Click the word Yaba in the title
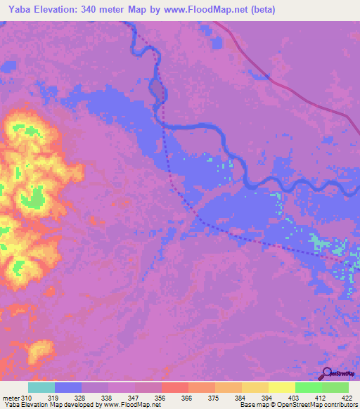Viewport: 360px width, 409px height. (x=19, y=9)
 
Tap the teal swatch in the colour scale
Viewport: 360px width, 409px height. (x=41, y=387)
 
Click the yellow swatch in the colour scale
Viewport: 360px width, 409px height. (x=255, y=387)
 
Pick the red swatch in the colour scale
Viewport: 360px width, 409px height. (x=174, y=387)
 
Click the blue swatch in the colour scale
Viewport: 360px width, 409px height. (x=68, y=387)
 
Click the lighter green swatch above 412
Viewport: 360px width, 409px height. (x=308, y=387)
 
